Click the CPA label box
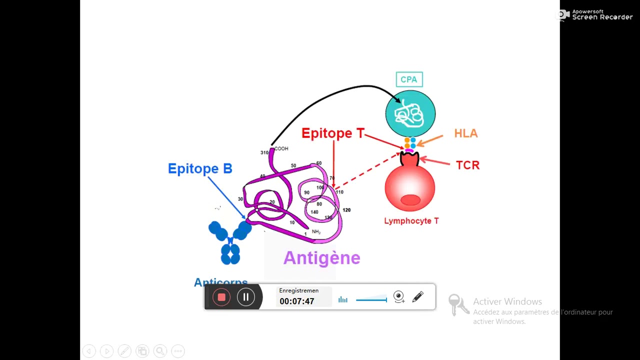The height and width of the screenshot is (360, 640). point(409,79)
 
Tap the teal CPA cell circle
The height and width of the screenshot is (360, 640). point(410,114)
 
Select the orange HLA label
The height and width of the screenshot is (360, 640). point(465,133)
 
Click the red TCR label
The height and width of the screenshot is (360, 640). point(467,165)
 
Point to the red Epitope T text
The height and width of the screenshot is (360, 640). point(333,133)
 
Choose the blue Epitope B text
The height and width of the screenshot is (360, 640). point(200,168)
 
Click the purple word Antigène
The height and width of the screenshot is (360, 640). point(321,258)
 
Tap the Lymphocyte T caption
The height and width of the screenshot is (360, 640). point(411,221)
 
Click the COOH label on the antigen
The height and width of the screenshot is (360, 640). point(281,148)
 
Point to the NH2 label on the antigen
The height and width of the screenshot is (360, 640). point(316,231)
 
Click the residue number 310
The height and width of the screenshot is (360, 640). point(264,152)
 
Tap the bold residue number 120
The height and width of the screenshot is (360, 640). point(346,210)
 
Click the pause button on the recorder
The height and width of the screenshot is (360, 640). point(246,297)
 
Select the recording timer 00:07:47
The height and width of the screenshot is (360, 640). point(296,301)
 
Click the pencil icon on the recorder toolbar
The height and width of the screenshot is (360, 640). point(418,297)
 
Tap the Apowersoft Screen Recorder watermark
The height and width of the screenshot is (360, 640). point(596,15)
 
